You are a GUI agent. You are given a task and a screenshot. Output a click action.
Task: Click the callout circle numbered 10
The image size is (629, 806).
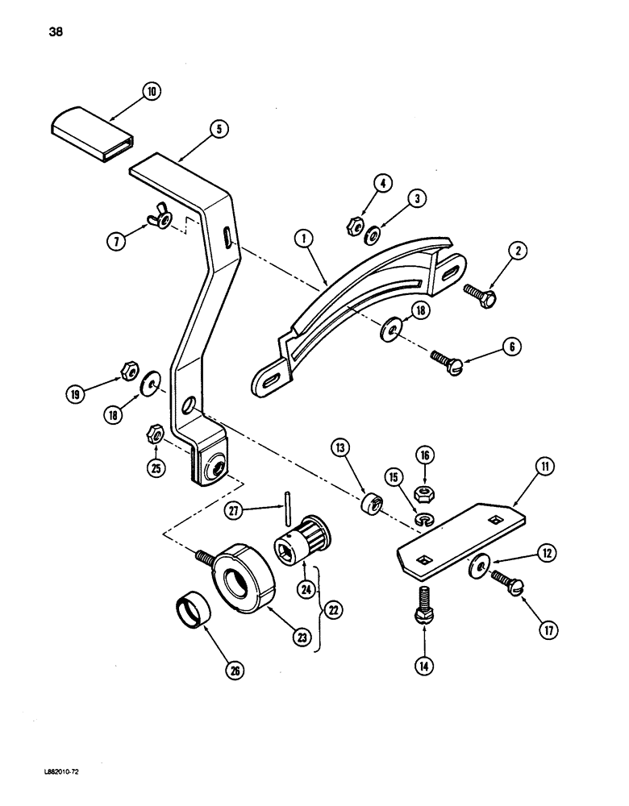pos(149,92)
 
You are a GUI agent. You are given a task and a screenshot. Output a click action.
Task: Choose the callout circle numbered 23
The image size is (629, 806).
pos(303,638)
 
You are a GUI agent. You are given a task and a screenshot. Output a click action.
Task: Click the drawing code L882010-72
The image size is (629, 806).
pos(62,771)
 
